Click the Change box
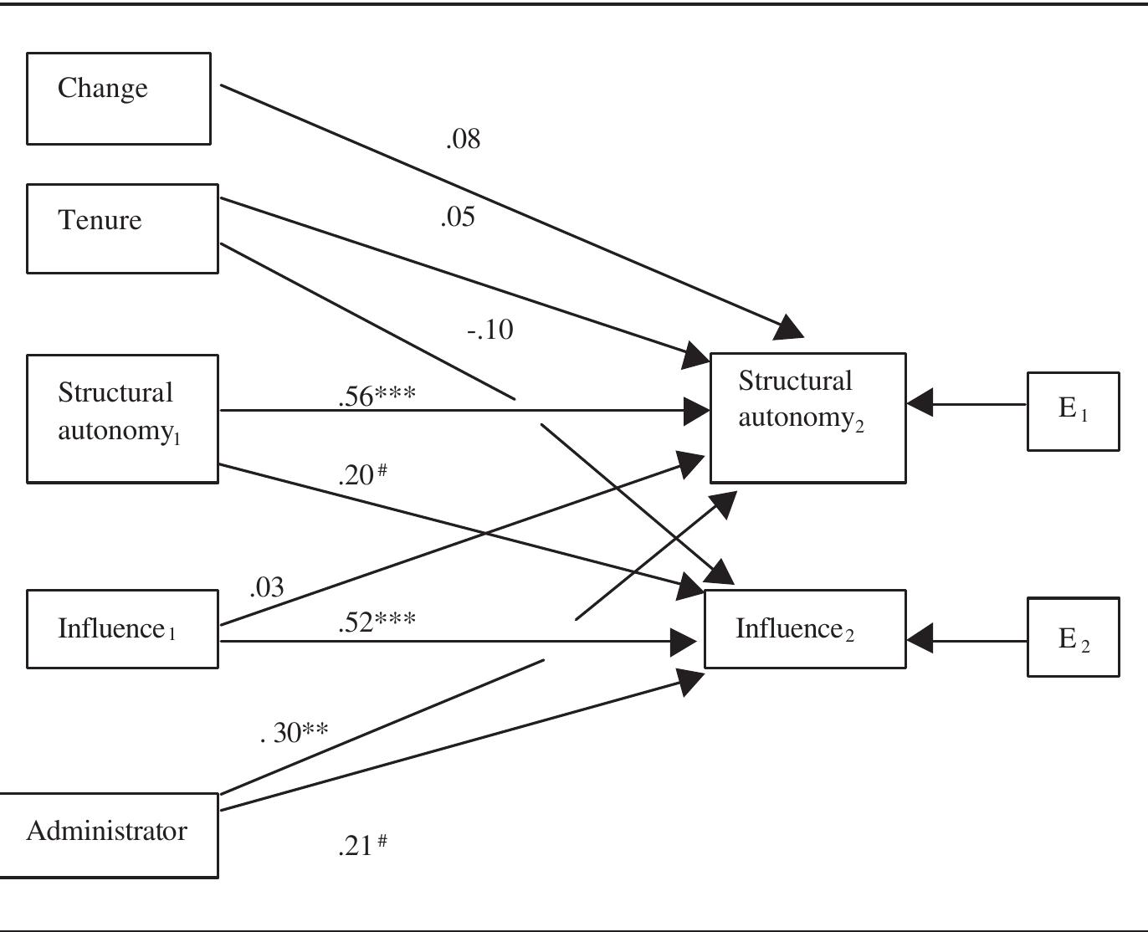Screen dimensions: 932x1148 (119, 99)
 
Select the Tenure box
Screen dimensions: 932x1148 (122, 228)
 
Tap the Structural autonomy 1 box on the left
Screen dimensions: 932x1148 (122, 418)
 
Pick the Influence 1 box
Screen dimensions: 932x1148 (122, 629)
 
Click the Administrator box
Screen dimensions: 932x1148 (109, 835)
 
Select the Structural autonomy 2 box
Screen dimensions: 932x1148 (807, 417)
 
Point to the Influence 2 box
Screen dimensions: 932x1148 (805, 629)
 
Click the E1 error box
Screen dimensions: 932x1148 (1073, 412)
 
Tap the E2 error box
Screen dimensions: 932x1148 (1073, 637)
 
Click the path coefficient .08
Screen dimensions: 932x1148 (463, 139)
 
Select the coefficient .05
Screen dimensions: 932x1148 (458, 218)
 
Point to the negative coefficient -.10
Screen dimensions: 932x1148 (490, 330)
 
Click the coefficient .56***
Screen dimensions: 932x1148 (377, 396)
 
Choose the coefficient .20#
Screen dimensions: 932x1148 (362, 474)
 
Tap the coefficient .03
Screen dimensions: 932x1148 (267, 587)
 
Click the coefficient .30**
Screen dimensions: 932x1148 (295, 732)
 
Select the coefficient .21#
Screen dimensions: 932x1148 (362, 845)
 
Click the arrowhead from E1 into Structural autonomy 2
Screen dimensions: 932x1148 (920, 403)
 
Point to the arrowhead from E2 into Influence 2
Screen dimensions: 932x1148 (920, 640)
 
